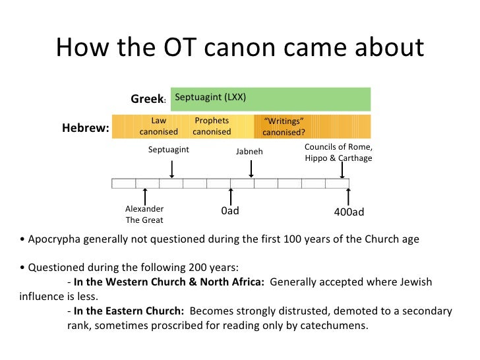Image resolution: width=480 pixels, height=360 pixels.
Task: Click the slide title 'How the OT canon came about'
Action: [x=240, y=47]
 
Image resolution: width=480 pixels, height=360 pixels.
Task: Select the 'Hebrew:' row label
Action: [x=85, y=128]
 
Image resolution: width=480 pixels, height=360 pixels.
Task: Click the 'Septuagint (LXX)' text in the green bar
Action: [x=210, y=97]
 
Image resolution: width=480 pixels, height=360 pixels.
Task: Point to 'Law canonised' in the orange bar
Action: [x=158, y=126]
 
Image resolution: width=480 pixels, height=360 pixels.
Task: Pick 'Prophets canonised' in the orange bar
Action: [x=212, y=126]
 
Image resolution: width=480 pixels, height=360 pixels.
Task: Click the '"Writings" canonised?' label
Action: [x=284, y=127]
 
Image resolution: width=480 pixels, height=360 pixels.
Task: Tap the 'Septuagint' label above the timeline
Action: [x=168, y=150]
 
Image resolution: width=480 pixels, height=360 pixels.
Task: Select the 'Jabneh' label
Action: [x=249, y=151]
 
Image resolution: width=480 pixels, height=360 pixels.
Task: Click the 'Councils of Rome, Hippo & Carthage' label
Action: [x=338, y=152]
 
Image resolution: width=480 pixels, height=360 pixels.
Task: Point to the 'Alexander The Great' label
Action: [x=144, y=214]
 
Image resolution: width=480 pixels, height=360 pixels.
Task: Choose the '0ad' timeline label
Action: [x=229, y=212]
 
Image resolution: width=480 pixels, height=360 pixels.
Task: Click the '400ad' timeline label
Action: [x=349, y=212]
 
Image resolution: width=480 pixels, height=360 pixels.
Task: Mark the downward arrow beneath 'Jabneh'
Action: [x=251, y=168]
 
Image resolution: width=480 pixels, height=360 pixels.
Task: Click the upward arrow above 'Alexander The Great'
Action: [x=145, y=196]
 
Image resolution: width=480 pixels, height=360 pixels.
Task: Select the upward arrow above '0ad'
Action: [x=231, y=196]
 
